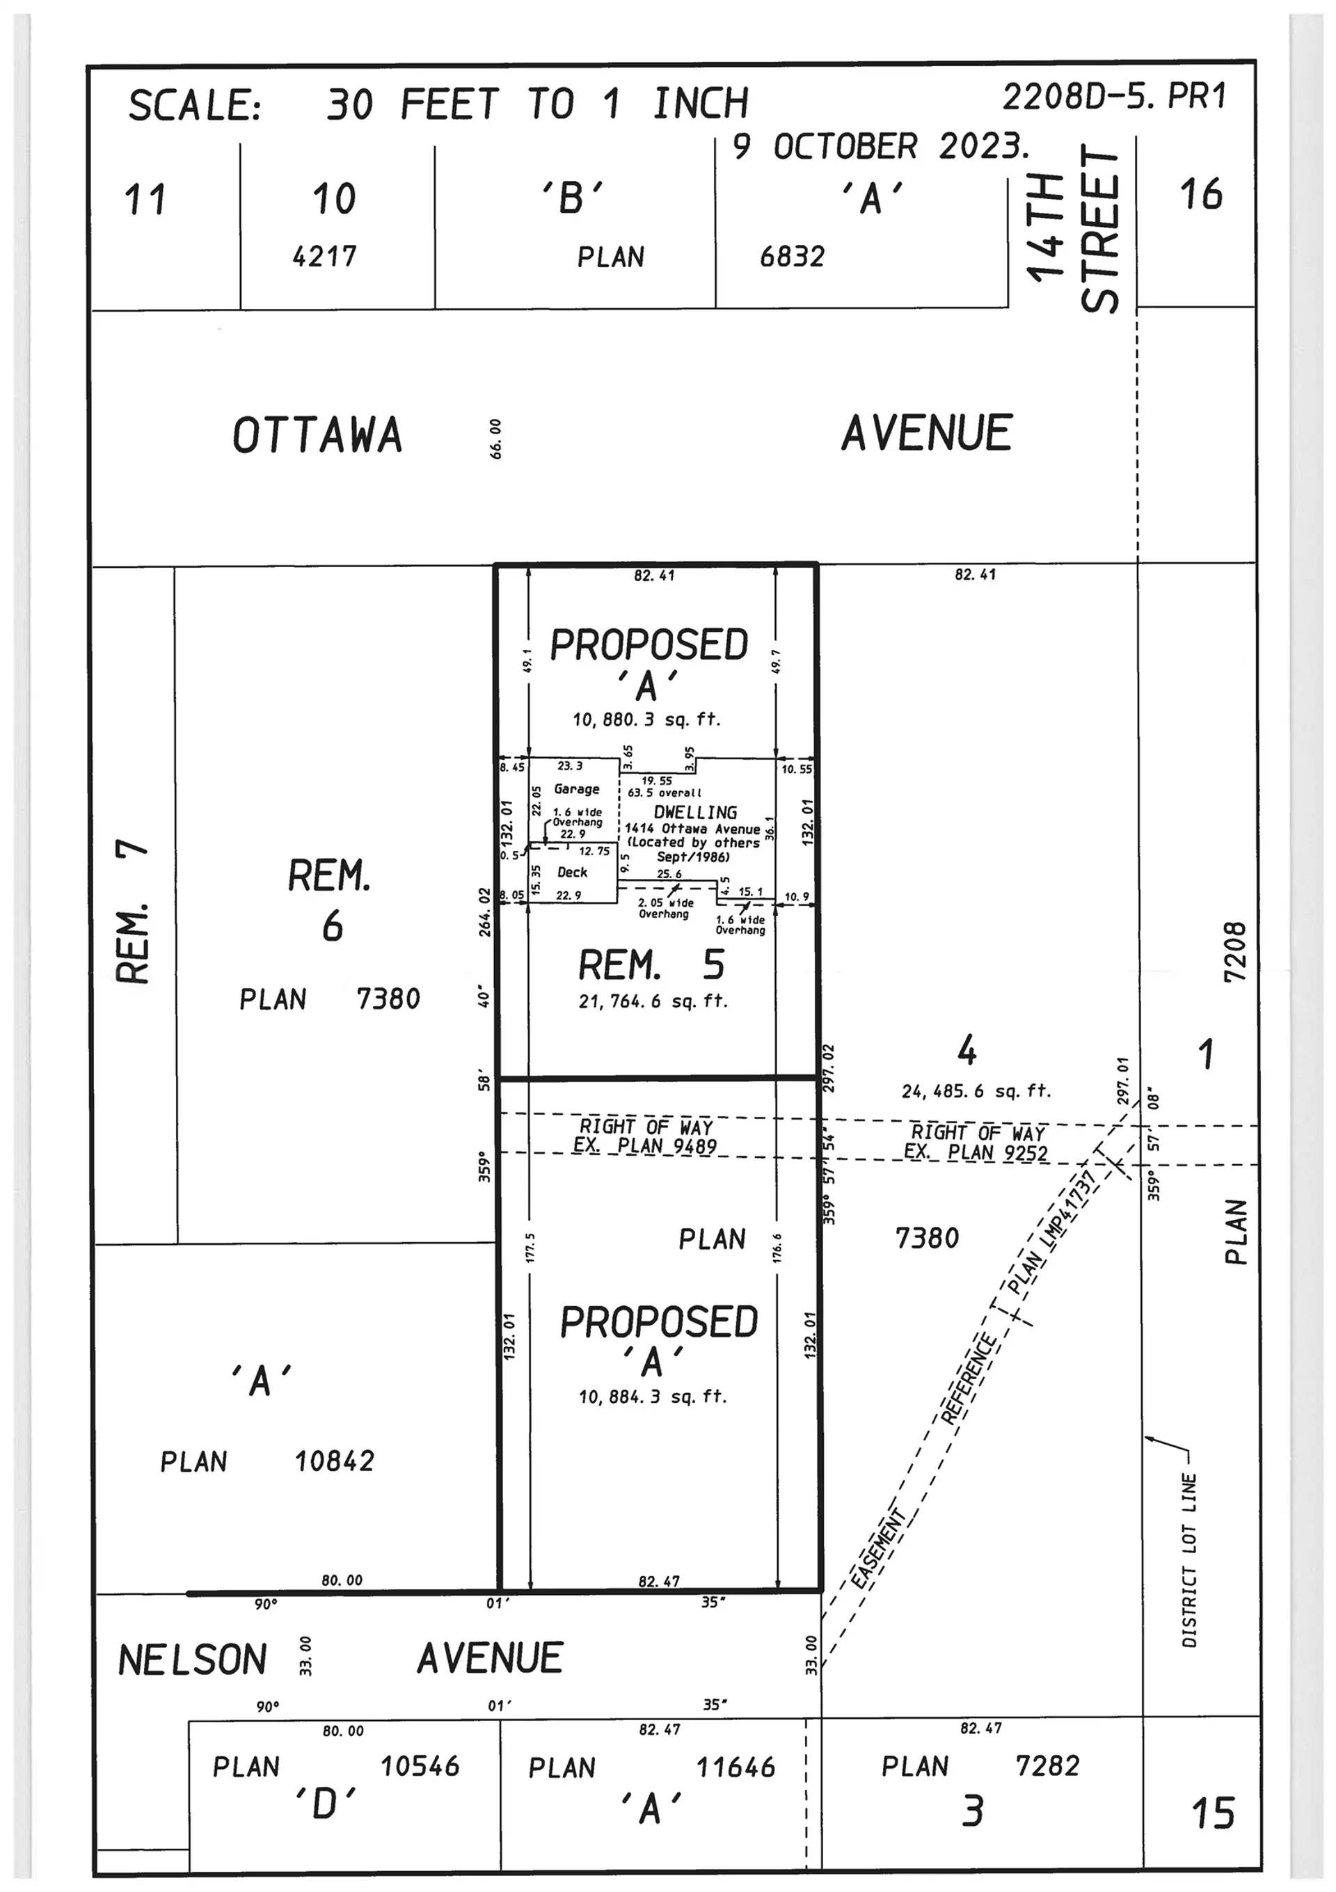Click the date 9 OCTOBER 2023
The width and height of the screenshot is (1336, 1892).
pyautogui.click(x=880, y=147)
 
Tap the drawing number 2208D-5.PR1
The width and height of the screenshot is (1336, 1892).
pyautogui.click(x=1114, y=97)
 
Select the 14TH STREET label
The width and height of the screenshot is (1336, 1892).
pyautogui.click(x=1073, y=228)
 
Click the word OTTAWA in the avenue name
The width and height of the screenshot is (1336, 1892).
pyautogui.click(x=317, y=435)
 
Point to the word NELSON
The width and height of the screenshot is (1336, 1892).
pyautogui.click(x=192, y=1660)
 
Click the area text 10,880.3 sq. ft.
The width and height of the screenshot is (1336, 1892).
pyautogui.click(x=646, y=720)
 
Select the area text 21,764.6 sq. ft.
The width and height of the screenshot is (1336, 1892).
pyautogui.click(x=653, y=1001)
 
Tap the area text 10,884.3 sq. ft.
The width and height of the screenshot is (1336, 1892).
pyautogui.click(x=653, y=1397)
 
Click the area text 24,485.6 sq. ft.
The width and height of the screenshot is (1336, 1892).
pyautogui.click(x=976, y=1091)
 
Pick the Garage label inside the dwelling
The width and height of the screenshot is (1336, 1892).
pyautogui.click(x=576, y=788)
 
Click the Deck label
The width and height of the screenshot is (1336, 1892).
pyautogui.click(x=572, y=872)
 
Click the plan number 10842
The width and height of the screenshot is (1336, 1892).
pyautogui.click(x=335, y=1461)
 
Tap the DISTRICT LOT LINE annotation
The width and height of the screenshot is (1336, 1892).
pyautogui.click(x=1188, y=1560)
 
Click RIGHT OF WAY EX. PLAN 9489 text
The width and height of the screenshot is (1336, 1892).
pyautogui.click(x=645, y=1136)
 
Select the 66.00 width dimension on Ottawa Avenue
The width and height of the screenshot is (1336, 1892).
pyautogui.click(x=495, y=438)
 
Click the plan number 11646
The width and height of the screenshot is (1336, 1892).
pyautogui.click(x=735, y=1767)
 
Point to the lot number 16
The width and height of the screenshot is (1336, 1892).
pyautogui.click(x=1201, y=194)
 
